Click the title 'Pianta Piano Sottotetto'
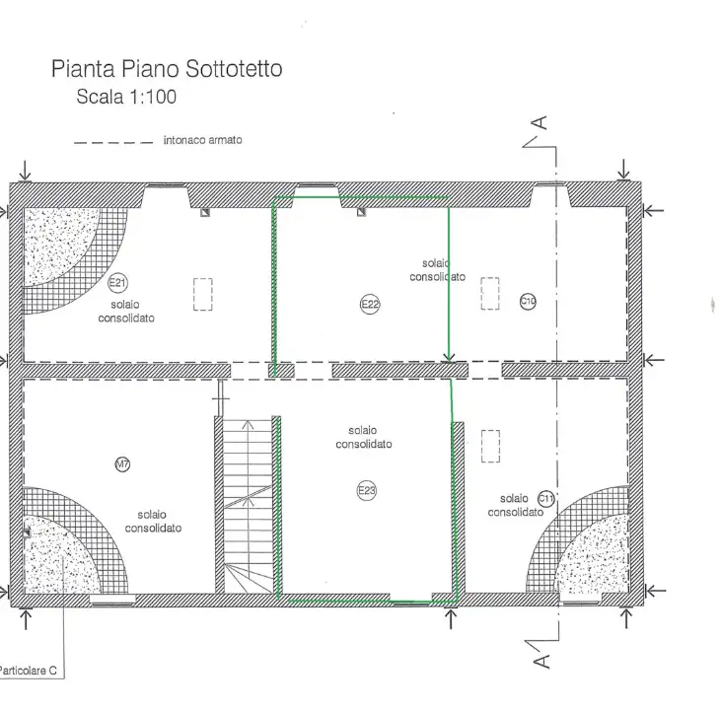tap(167, 69)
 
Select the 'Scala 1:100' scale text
tap(126, 97)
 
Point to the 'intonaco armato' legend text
tap(202, 141)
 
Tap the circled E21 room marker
tap(118, 284)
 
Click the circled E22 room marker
tap(369, 305)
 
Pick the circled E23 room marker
tap(368, 490)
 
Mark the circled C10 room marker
tap(528, 301)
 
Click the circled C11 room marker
tap(546, 500)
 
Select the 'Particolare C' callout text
tap(29, 671)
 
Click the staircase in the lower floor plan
tap(246, 503)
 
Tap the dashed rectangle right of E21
tap(203, 294)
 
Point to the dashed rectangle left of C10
tap(490, 293)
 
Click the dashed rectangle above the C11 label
tap(490, 446)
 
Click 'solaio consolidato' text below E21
tap(126, 313)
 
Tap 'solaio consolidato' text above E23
tap(363, 437)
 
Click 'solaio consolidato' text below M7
tap(152, 522)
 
